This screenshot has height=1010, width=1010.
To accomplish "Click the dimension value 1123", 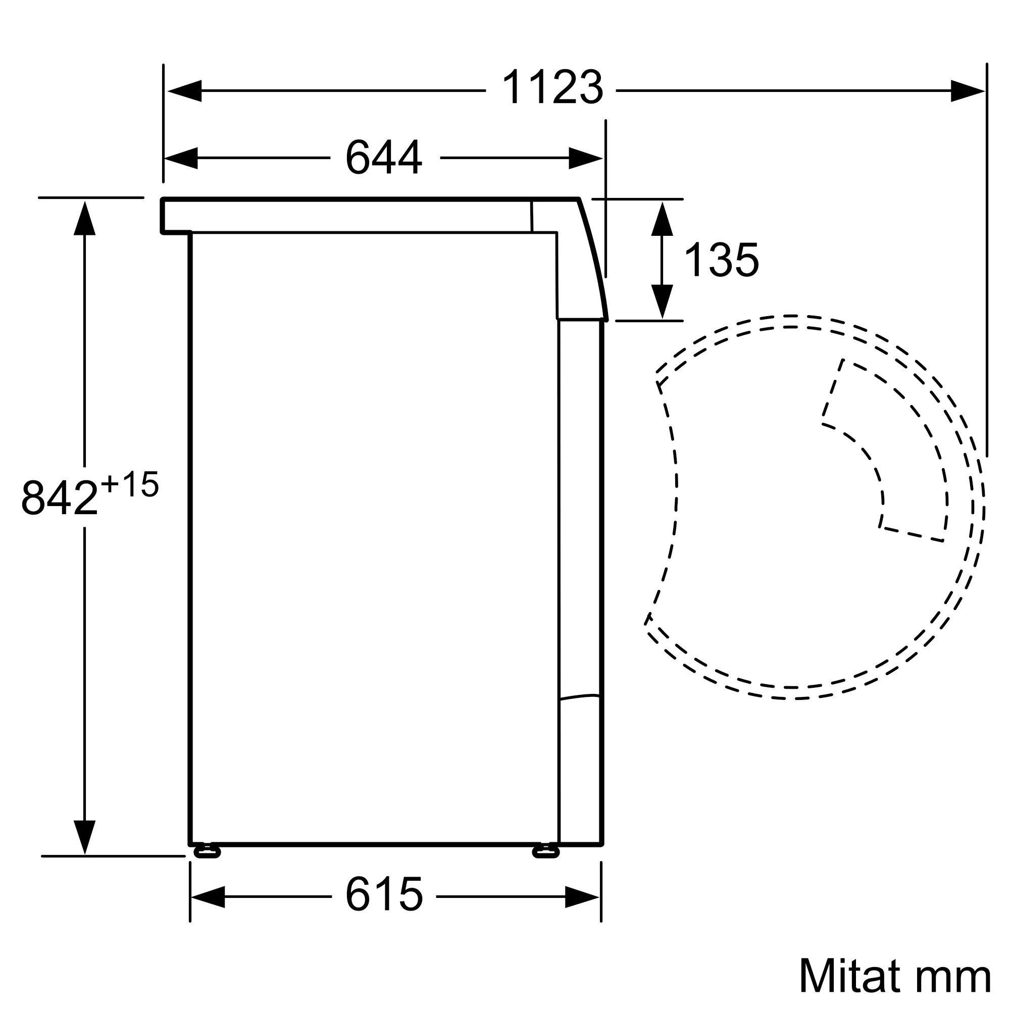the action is click(x=552, y=87).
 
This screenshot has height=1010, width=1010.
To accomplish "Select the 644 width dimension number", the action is click(x=384, y=157).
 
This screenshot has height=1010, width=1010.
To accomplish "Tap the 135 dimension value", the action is click(x=722, y=260).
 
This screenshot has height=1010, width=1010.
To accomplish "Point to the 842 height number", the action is click(x=59, y=497).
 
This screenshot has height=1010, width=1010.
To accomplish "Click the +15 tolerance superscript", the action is click(x=130, y=484).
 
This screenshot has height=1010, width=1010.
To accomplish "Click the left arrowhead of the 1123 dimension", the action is click(x=184, y=91).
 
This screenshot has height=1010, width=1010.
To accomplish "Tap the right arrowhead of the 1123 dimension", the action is click(x=968, y=91).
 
